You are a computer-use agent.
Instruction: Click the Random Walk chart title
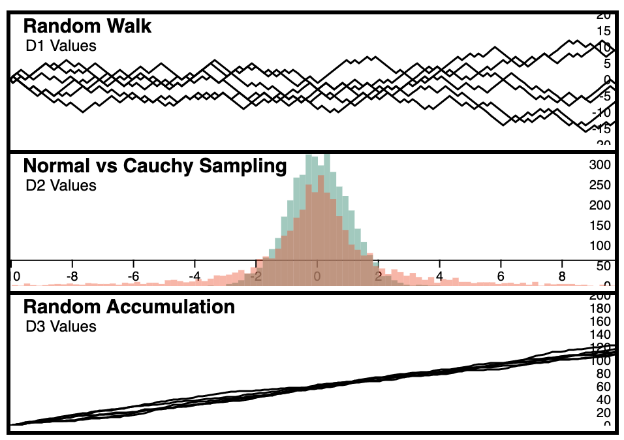[x=87, y=26]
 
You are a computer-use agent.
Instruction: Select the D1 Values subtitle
[x=61, y=46]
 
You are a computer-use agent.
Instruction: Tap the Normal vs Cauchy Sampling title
[x=155, y=166]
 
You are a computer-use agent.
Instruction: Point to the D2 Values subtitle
[x=61, y=185]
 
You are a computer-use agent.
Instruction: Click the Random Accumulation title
[x=129, y=306]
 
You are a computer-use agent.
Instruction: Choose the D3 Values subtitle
[x=61, y=326]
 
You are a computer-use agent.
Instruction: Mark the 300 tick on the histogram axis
[x=600, y=165]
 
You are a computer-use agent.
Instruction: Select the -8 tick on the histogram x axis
[x=72, y=276]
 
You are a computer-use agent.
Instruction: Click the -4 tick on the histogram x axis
[x=195, y=276]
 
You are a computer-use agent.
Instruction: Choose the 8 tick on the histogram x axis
[x=563, y=276]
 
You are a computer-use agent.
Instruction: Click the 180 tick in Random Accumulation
[x=600, y=308]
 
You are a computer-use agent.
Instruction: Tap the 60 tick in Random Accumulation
[x=602, y=386]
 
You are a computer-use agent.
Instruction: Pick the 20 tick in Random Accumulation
[x=602, y=413]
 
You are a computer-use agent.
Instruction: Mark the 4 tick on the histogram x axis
[x=440, y=276]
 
